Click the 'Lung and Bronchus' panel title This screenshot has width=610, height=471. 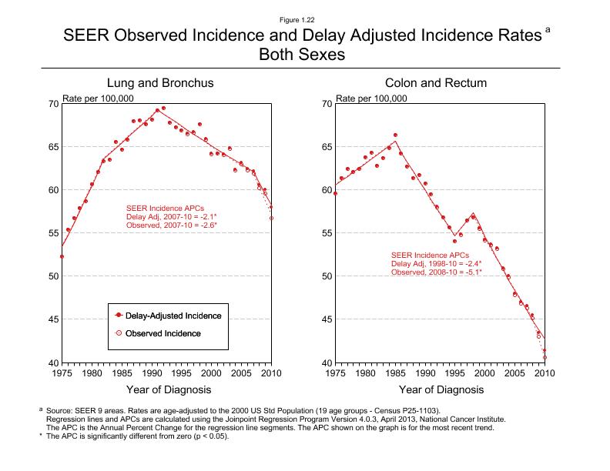[x=160, y=82]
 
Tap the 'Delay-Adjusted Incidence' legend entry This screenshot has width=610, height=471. [x=173, y=316]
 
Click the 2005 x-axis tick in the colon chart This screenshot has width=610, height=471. [x=515, y=373]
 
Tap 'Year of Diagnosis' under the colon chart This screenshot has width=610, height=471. [x=436, y=389]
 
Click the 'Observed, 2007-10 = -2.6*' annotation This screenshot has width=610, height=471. [x=171, y=225]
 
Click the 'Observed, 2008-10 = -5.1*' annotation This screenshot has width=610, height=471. [x=437, y=272]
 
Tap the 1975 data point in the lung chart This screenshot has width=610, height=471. [x=62, y=256]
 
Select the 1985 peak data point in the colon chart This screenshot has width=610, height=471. [x=396, y=135]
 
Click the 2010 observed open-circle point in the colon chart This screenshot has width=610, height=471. [x=545, y=357]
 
